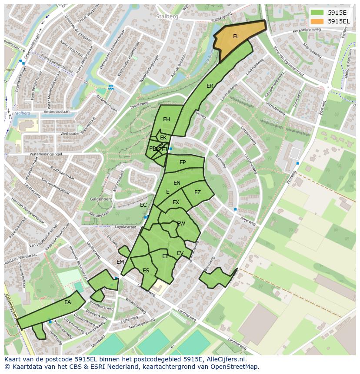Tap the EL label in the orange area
(x=236, y=36)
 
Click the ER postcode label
(x=210, y=86)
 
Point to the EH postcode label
(x=167, y=119)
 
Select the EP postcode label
(x=183, y=162)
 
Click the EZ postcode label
(x=198, y=192)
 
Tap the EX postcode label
(x=176, y=202)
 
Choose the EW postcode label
(x=181, y=224)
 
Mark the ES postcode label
(x=146, y=271)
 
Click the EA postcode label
(x=67, y=302)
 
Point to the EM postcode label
(x=120, y=262)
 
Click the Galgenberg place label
(x=101, y=199)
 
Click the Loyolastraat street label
(x=125, y=227)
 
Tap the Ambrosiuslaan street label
(x=57, y=112)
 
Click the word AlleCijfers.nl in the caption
(x=224, y=359)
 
